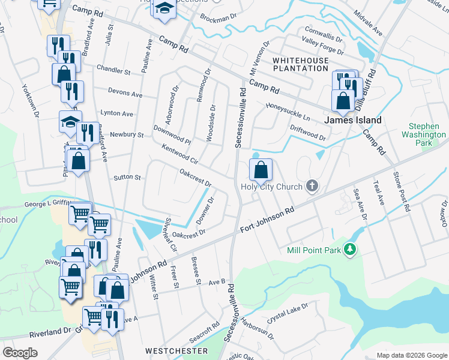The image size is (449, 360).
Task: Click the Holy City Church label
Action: pyautogui.click(x=271, y=186)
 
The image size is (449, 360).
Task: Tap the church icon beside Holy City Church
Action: pyautogui.click(x=311, y=186)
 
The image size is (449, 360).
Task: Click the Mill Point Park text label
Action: pyautogui.click(x=314, y=250)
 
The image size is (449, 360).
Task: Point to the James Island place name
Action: pyautogui.click(x=353, y=120)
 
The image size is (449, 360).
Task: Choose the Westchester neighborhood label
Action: pyautogui.click(x=176, y=350)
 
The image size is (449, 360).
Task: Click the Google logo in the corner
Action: pyautogui.click(x=20, y=352)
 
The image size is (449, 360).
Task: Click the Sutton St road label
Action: pyautogui.click(x=127, y=178)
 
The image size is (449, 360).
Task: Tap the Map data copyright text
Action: pyautogui.click(x=411, y=355)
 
